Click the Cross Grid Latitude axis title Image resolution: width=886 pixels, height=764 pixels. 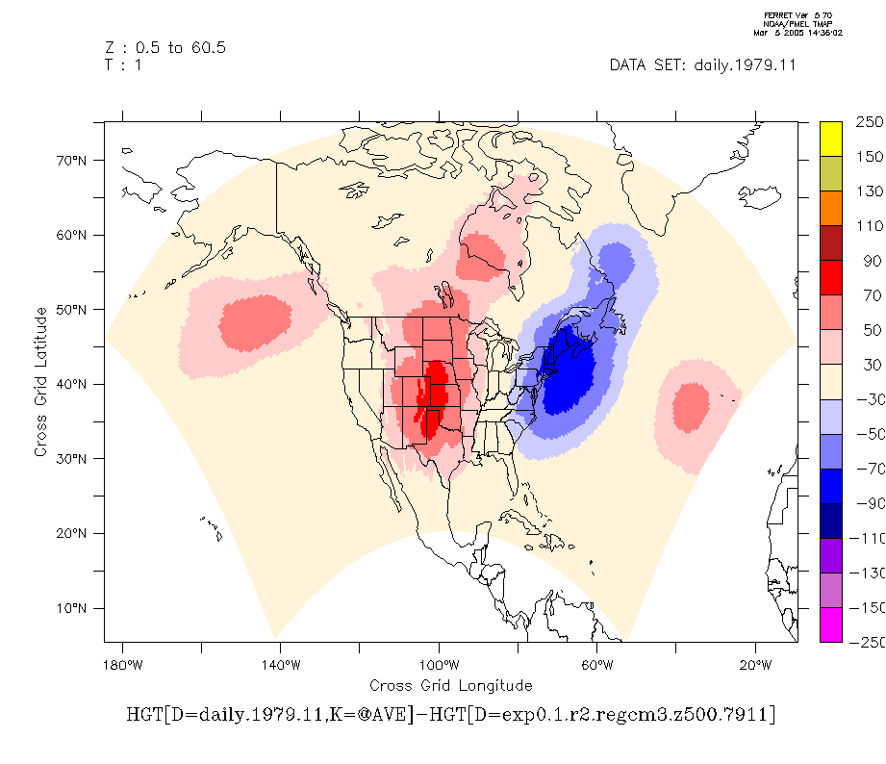click(x=41, y=382)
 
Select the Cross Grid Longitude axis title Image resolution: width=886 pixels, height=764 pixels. click(x=450, y=685)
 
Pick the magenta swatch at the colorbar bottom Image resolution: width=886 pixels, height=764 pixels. click(x=831, y=624)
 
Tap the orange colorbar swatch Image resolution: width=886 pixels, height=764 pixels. click(x=831, y=208)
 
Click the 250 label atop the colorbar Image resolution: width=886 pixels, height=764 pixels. click(x=869, y=123)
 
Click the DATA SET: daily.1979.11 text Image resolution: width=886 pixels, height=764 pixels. click(x=702, y=65)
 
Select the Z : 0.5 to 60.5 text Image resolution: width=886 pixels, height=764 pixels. click(x=165, y=47)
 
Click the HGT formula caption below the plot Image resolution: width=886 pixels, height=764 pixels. click(x=450, y=715)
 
